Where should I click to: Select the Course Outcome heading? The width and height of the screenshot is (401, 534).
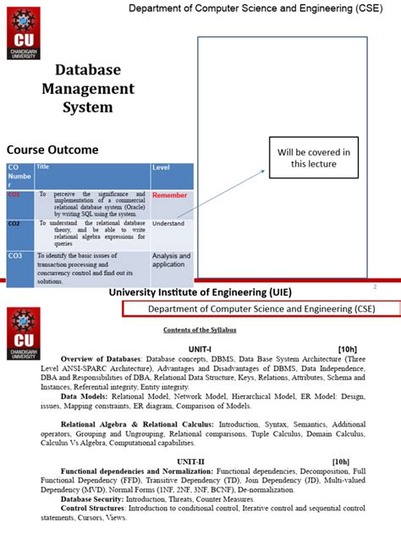(52, 150)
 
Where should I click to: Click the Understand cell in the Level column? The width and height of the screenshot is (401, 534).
(168, 224)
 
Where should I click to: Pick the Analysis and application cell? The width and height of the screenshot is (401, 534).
(171, 260)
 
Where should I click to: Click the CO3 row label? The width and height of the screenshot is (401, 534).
(16, 255)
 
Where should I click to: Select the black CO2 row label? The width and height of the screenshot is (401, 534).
(14, 224)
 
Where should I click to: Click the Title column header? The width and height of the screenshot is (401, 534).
(43, 167)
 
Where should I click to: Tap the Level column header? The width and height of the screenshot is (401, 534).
(161, 168)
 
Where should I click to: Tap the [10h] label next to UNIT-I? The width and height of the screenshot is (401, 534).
(347, 348)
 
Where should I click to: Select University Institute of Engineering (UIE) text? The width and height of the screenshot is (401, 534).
(200, 292)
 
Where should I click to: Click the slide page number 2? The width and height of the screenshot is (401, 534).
(374, 286)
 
